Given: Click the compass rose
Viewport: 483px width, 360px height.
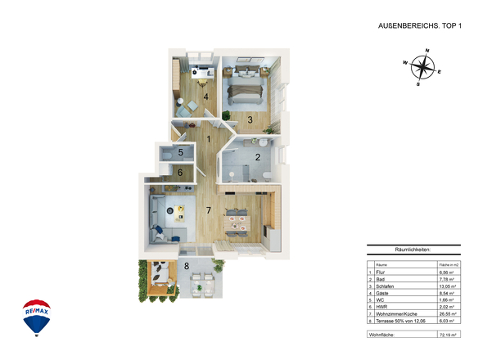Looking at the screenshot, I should (422, 67).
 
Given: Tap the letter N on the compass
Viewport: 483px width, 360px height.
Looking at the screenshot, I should (427, 49).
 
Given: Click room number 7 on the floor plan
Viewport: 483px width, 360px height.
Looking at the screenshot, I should (209, 210).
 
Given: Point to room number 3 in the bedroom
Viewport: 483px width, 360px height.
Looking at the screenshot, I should (251, 119).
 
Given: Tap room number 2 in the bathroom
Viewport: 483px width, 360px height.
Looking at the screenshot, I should (257, 157).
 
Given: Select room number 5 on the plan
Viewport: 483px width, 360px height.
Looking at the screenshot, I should (182, 152).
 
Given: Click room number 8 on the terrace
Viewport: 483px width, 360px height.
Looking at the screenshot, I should (187, 266).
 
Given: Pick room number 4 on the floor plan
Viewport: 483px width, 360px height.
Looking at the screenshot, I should (205, 97).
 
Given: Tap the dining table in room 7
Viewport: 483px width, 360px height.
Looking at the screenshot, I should (238, 218).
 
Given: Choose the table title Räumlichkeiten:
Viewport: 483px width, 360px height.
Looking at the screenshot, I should (413, 250).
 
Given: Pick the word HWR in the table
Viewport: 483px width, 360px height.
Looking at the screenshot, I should (381, 307).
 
